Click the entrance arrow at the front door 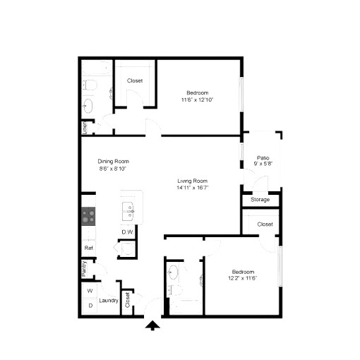click(x=152, y=325)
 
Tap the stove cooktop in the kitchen click(x=88, y=216)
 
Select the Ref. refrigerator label click(x=89, y=248)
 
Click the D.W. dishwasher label click(x=128, y=232)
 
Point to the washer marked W click(x=90, y=291)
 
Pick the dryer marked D click(x=90, y=306)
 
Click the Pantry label click(x=84, y=269)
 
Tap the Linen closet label click(x=85, y=128)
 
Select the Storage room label click(x=260, y=200)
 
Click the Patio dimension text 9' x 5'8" click(x=263, y=164)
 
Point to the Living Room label click(x=193, y=181)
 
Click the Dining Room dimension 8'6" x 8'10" click(x=113, y=169)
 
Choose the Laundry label click(x=109, y=301)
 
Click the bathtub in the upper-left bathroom click(x=97, y=68)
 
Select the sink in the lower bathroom click(x=173, y=272)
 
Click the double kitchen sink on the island click(x=128, y=211)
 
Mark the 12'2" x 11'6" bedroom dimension click(x=243, y=278)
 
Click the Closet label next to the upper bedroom click(x=135, y=80)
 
